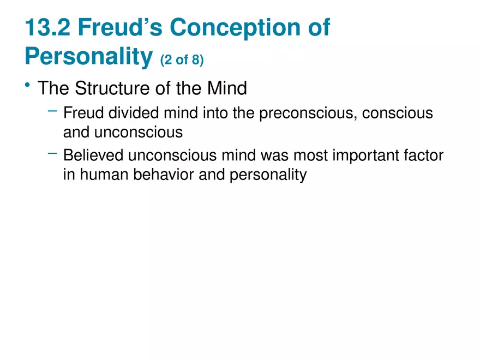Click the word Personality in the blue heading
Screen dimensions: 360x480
coord(88,57)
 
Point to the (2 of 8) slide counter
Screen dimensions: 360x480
coord(182,60)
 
